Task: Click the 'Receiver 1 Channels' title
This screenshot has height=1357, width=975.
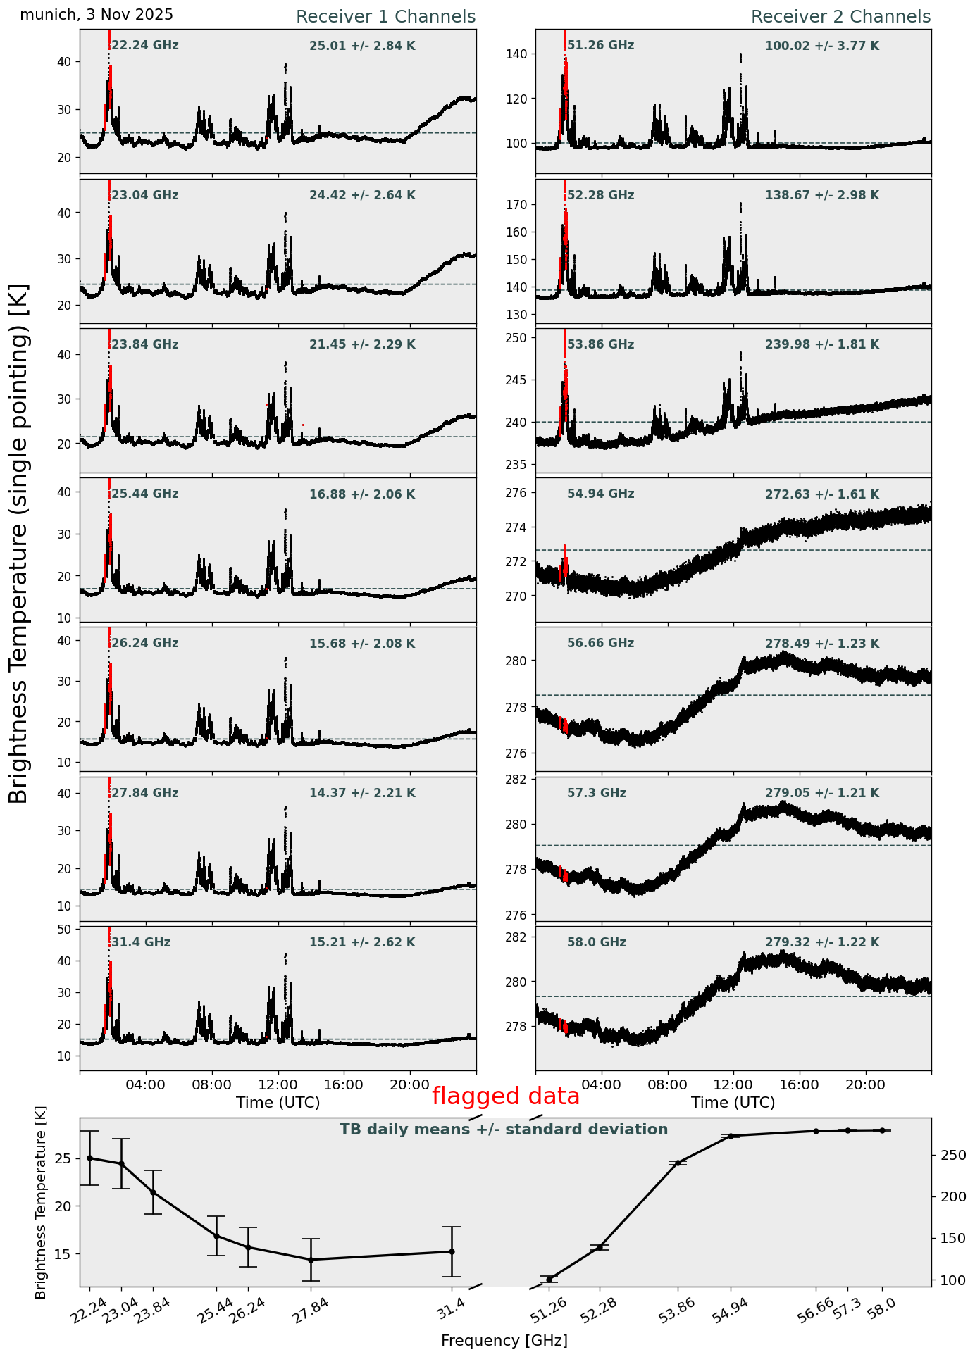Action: click(x=385, y=17)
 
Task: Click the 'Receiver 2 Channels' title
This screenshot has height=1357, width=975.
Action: click(x=840, y=17)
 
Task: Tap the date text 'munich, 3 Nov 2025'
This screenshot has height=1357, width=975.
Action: click(x=97, y=15)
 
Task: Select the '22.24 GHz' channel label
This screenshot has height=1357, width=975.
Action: click(x=145, y=46)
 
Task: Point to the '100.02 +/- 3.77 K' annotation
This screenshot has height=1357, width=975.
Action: click(x=822, y=46)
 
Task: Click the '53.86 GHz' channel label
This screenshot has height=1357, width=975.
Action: click(x=600, y=345)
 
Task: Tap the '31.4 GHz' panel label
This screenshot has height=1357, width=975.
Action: click(x=141, y=943)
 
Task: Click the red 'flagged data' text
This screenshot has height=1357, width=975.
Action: click(x=506, y=1096)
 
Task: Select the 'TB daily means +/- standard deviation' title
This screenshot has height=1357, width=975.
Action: click(x=504, y=1130)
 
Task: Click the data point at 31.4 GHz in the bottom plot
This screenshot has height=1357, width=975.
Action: click(x=452, y=1251)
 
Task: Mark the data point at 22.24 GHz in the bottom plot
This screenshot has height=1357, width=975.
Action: click(x=89, y=1158)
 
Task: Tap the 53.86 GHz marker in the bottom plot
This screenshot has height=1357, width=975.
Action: click(x=678, y=1163)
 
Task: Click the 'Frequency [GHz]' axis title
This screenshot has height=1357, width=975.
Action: click(x=504, y=1340)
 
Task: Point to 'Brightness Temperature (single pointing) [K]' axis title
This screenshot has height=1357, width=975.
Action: click(x=20, y=544)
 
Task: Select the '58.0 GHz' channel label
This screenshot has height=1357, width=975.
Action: click(x=596, y=943)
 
